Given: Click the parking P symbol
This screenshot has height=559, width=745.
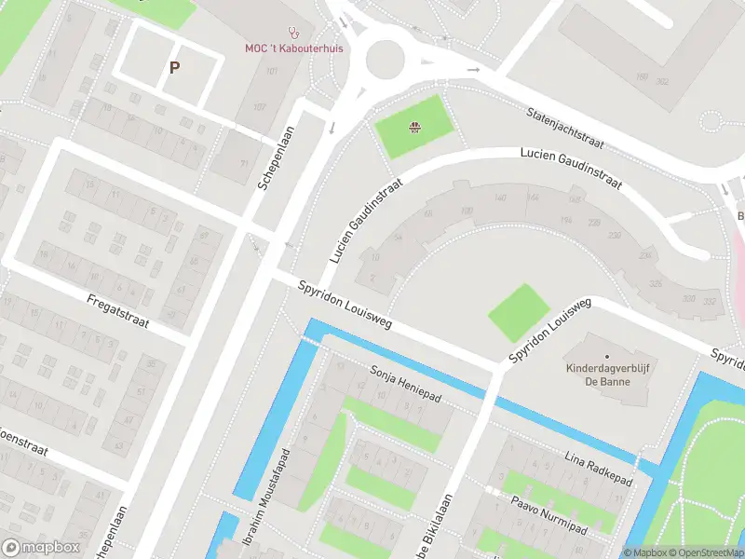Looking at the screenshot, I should click(x=173, y=67).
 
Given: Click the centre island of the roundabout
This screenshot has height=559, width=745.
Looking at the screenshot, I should click(x=388, y=61).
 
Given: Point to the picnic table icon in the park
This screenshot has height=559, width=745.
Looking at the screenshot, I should click(x=415, y=129).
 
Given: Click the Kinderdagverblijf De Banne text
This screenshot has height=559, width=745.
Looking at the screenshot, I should click(x=605, y=375).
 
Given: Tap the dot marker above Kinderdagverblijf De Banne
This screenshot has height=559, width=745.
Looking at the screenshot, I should click(x=606, y=357).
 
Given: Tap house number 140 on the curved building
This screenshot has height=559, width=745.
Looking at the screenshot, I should click(x=501, y=198).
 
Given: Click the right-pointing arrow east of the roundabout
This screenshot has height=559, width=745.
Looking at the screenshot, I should click(x=474, y=70).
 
